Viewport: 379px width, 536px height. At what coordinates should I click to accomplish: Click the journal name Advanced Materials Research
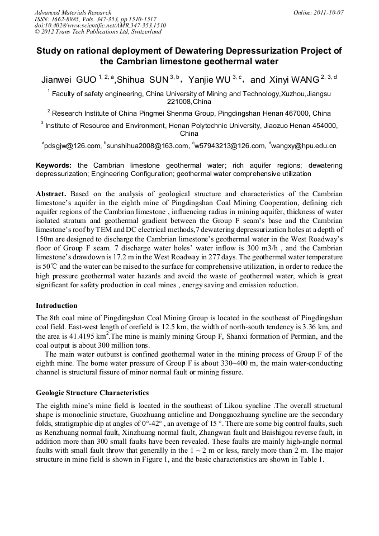click(73, 12)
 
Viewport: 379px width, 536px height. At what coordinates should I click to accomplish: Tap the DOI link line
click(92, 25)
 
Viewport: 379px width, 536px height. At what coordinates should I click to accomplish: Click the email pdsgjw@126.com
click(73, 146)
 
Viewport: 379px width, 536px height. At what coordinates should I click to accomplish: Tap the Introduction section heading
click(56, 306)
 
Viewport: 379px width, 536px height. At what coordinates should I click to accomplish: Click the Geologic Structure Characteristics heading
click(92, 392)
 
